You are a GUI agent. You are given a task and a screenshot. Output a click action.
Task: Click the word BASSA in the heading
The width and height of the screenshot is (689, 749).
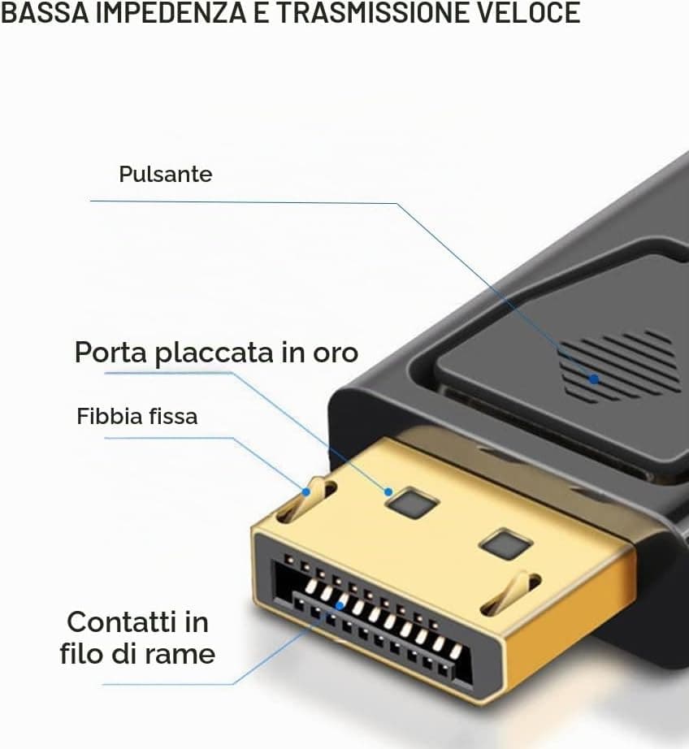(45, 12)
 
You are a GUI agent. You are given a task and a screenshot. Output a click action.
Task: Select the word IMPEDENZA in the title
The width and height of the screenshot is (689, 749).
(170, 12)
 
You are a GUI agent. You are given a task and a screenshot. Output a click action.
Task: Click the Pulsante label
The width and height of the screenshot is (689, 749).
(165, 174)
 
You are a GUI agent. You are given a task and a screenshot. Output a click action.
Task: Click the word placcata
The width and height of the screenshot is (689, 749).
(214, 353)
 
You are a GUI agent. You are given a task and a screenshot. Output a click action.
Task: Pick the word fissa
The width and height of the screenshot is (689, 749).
(173, 416)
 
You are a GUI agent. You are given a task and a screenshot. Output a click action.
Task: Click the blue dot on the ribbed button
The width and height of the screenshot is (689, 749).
(594, 379)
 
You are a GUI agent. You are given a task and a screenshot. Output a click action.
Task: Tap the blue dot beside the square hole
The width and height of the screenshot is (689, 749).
(388, 491)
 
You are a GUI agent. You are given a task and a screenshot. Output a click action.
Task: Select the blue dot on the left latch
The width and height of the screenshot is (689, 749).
(305, 491)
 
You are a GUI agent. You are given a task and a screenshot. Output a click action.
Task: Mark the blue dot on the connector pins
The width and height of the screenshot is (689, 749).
(340, 606)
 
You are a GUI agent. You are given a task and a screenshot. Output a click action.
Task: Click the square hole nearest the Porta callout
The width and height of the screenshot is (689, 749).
(413, 504)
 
